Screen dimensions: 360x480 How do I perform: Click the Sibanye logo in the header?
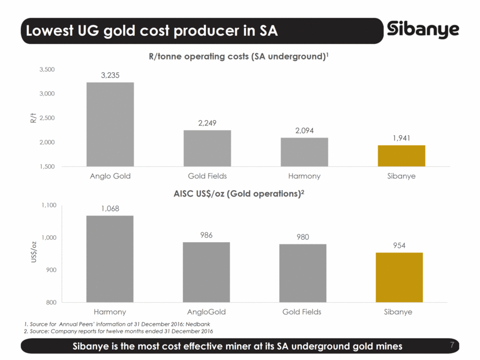pos(424,30)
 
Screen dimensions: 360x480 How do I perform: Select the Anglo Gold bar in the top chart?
pos(110,124)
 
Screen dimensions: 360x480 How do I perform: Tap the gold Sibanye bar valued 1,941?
pos(401,155)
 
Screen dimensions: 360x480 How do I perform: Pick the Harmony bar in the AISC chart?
pos(110,258)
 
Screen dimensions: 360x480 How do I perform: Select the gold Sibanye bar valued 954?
pos(399,277)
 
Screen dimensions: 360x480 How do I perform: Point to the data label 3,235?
pos(110,75)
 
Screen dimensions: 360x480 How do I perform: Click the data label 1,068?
pos(110,209)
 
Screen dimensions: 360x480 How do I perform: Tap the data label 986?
pos(207,235)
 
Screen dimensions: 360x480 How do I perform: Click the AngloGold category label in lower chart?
pos(206,312)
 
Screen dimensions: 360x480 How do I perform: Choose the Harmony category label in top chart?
pos(304,176)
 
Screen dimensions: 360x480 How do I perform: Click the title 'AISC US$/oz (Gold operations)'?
pos(238,193)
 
